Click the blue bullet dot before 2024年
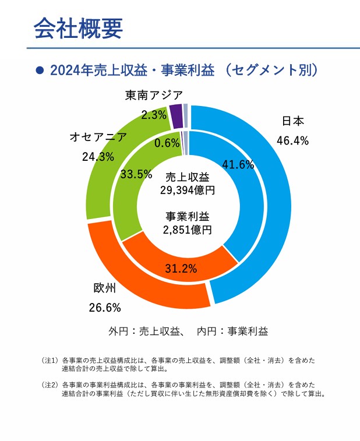tap(40, 70)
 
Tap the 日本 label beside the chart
tap(293, 121)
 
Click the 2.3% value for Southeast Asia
tap(154, 115)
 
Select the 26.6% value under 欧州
tap(105, 307)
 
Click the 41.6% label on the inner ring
tap(238, 164)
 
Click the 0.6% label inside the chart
tap(167, 143)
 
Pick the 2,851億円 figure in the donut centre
tap(187, 230)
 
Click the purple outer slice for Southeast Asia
tap(176, 116)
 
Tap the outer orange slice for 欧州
tap(134, 274)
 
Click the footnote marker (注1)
tap(50, 361)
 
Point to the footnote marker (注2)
tap(50, 385)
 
